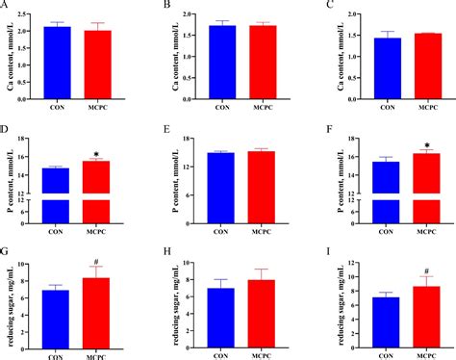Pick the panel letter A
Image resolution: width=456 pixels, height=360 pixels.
click(7, 7)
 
